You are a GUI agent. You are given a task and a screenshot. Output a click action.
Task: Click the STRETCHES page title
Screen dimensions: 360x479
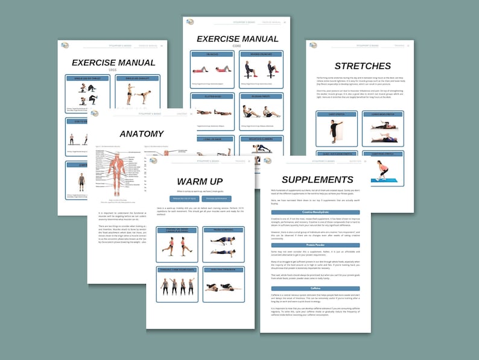(x=363, y=66)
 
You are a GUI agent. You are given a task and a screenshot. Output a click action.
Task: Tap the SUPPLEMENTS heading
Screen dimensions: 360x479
(x=317, y=180)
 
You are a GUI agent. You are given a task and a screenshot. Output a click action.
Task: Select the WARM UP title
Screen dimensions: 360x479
(x=200, y=182)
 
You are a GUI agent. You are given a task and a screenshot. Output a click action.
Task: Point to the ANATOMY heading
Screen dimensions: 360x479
(x=141, y=134)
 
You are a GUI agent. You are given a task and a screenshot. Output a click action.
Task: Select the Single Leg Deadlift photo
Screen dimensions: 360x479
(x=139, y=94)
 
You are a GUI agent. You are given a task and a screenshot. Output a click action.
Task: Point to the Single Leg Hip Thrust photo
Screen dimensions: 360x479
(x=89, y=93)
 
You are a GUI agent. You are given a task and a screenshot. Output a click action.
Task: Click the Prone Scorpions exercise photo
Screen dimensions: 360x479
(x=223, y=245)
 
